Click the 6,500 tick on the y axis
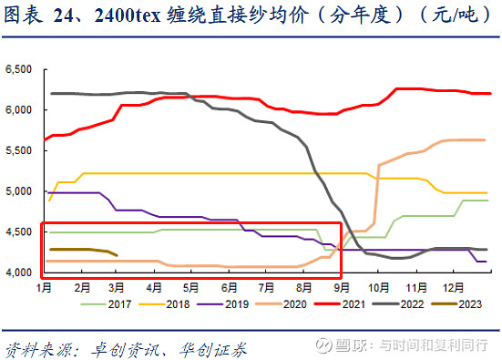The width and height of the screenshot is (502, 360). click(x=20, y=69)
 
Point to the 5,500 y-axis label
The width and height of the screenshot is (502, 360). click(x=20, y=150)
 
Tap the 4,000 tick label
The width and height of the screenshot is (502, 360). click(x=20, y=273)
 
